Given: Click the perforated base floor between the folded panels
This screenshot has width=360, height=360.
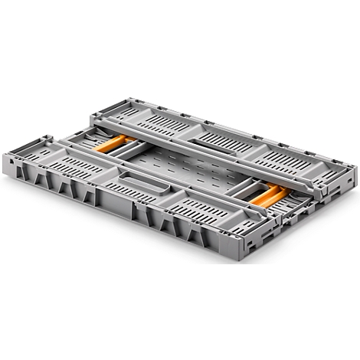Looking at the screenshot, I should coord(184,165).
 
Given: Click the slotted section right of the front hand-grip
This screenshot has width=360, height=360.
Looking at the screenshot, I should coord(199,207).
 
